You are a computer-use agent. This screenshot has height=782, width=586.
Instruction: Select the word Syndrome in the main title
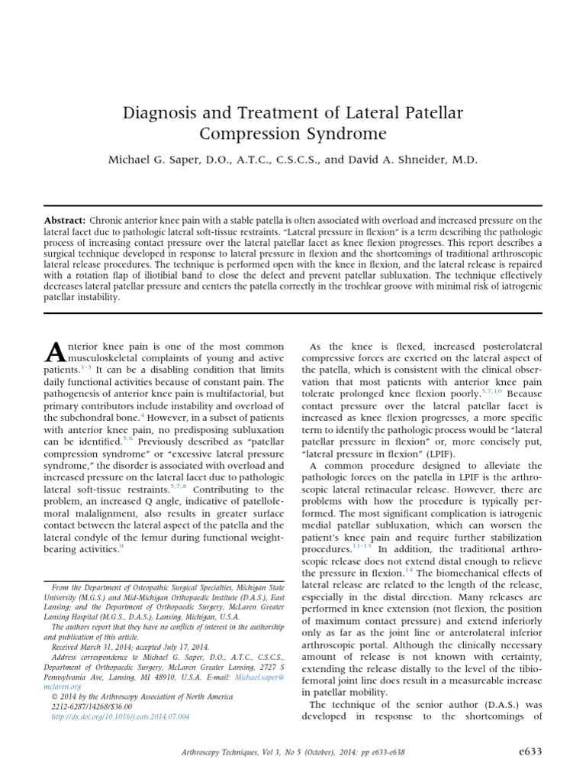333,135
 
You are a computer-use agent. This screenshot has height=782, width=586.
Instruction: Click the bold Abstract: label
64,220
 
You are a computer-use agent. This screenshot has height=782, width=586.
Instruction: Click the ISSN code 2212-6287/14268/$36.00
98,708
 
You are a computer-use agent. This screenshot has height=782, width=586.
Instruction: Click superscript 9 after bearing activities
121,547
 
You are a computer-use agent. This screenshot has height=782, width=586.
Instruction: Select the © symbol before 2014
54,698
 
